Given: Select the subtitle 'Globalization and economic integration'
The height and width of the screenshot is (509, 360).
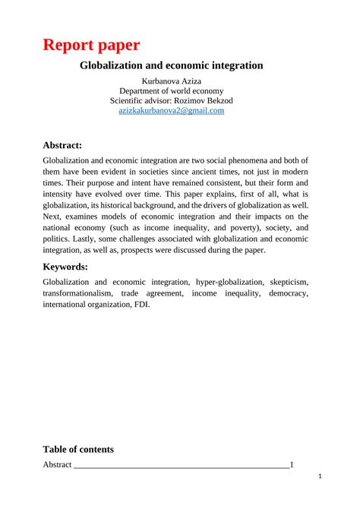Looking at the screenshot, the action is click(172, 65).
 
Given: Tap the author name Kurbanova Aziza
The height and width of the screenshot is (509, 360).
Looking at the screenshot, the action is click(172, 81).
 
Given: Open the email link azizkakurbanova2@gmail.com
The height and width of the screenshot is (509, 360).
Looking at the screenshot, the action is click(172, 111).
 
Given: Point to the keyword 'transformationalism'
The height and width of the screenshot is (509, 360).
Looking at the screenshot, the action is click(78, 293).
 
